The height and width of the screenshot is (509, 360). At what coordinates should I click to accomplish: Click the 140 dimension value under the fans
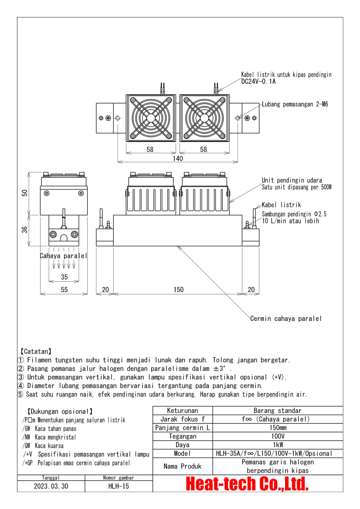click(x=178, y=158)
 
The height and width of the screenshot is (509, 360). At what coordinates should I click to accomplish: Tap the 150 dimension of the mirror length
click(x=178, y=290)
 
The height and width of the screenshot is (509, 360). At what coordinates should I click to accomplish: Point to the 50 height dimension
click(x=25, y=193)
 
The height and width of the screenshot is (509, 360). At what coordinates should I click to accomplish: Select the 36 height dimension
click(x=25, y=230)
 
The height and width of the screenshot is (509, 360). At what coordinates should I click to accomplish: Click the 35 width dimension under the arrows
click(x=65, y=277)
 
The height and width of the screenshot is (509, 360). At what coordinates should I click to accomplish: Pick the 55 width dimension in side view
click(x=65, y=290)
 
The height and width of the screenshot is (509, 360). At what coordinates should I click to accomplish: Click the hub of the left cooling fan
click(x=150, y=118)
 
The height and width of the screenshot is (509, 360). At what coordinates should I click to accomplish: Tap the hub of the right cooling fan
click(x=204, y=118)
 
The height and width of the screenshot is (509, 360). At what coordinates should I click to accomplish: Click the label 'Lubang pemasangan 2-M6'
click(x=295, y=104)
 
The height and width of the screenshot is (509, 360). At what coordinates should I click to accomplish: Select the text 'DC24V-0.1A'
click(x=258, y=81)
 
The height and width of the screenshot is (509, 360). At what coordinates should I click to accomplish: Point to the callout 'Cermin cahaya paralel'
click(x=286, y=318)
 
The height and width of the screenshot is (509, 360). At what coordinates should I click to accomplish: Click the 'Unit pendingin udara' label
click(x=292, y=180)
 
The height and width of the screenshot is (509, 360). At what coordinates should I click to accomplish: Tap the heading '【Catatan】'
click(x=35, y=351)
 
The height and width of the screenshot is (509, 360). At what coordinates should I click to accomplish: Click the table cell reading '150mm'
click(x=278, y=428)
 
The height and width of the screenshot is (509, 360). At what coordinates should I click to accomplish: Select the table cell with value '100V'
click(x=278, y=436)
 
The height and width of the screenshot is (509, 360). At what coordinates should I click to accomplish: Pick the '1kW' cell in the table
click(x=278, y=445)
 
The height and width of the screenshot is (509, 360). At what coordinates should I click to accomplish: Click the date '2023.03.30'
click(x=51, y=486)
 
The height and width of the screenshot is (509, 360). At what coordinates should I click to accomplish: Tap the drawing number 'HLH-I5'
click(x=119, y=486)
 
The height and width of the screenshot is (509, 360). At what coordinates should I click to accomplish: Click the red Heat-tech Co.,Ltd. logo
click(x=247, y=484)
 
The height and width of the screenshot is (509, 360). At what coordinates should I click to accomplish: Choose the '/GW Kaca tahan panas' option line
click(x=49, y=428)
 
